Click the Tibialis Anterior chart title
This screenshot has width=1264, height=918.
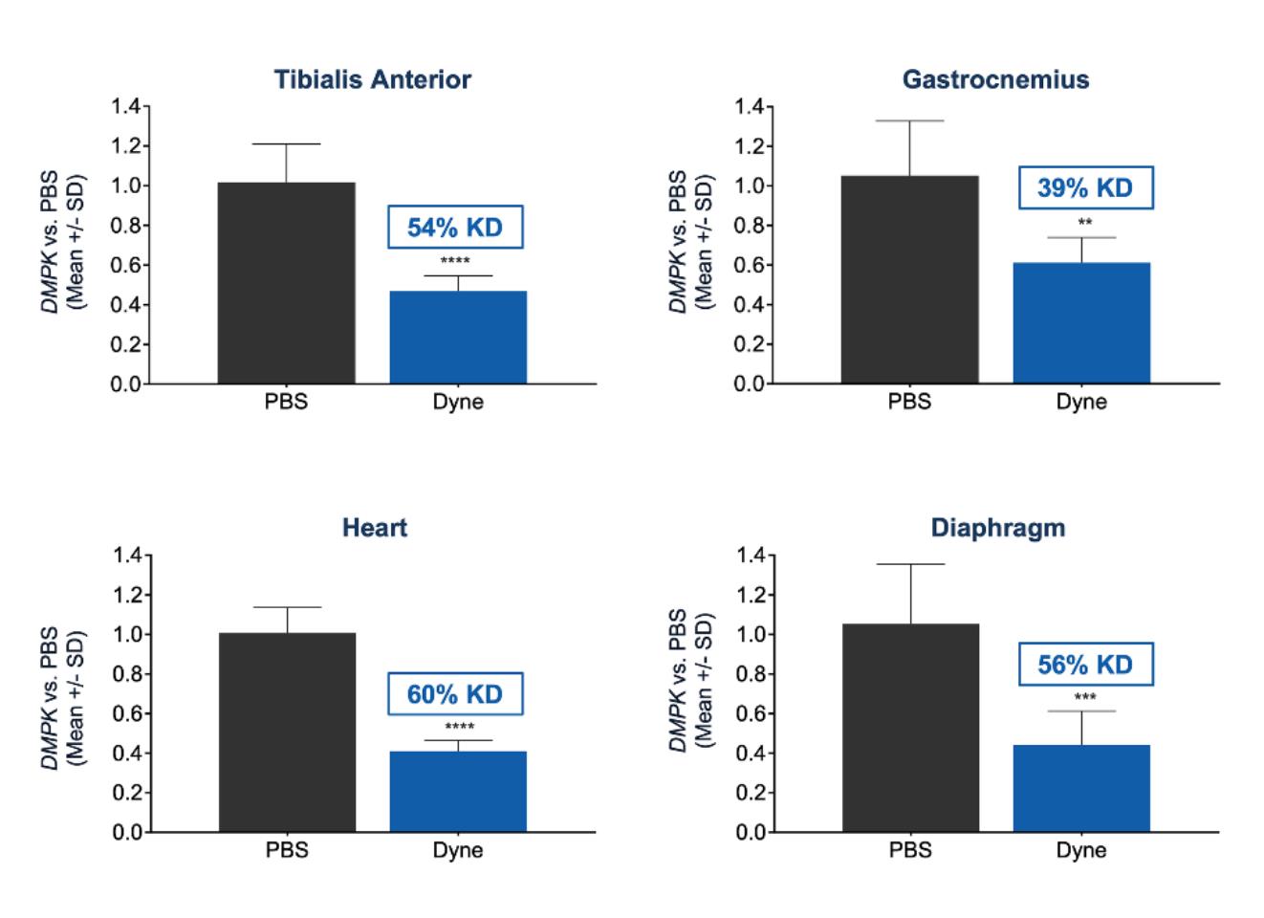(372, 79)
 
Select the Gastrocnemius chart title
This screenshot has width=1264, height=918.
(995, 79)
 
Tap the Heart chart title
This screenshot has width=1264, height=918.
(374, 528)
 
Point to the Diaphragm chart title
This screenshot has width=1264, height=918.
(997, 528)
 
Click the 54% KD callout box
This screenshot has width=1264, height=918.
(455, 228)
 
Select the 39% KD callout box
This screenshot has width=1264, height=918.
(1085, 187)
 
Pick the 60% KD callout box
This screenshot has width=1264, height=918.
(455, 694)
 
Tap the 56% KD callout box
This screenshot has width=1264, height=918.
(1085, 665)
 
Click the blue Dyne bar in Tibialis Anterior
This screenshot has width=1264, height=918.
(458, 338)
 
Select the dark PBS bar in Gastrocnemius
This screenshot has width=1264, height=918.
(909, 279)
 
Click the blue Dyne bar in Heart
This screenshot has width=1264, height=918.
(458, 792)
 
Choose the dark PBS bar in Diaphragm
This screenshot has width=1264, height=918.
(910, 728)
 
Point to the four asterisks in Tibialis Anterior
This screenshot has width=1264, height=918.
(455, 261)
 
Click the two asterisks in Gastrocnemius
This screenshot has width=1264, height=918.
(1085, 223)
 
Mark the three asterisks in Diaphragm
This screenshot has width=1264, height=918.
(1085, 697)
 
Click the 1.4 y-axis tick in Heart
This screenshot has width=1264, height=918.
(126, 556)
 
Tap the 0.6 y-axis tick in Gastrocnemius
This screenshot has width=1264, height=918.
(750, 266)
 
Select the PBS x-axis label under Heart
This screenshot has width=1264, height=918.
(287, 850)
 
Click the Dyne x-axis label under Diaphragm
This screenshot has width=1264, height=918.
(1081, 850)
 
